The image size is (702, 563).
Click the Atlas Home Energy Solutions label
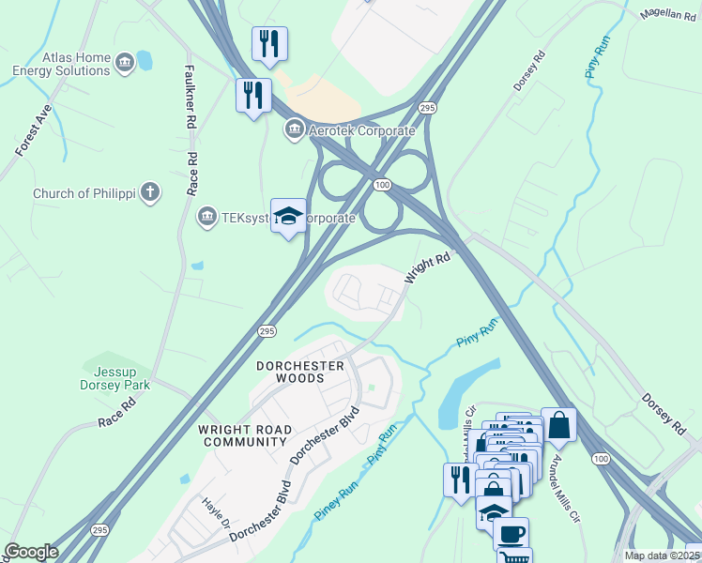tap(62, 64)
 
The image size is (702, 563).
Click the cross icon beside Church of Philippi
tap(150, 193)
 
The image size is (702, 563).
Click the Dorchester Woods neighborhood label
tap(296, 371)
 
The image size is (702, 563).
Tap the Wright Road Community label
tap(245, 435)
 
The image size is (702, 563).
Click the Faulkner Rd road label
tap(190, 97)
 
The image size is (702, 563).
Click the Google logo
tap(31, 552)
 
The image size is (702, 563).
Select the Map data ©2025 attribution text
tap(662, 555)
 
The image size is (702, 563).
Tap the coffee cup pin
tap(511, 533)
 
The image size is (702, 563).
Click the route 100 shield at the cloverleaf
tap(381, 185)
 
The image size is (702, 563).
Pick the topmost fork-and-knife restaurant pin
tap(269, 43)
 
